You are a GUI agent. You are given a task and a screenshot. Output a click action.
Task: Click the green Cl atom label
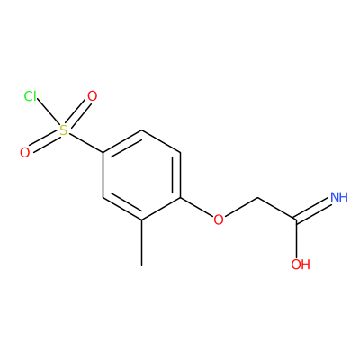[x=31, y=96]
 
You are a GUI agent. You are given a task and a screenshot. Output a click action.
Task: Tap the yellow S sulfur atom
[x=64, y=130]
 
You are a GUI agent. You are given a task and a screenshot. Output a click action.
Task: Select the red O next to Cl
[x=92, y=96]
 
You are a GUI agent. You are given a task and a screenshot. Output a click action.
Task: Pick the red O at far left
[x=25, y=153]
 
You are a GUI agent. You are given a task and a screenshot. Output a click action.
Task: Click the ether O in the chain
[x=219, y=220]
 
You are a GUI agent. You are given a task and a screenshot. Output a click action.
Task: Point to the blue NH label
[x=339, y=197]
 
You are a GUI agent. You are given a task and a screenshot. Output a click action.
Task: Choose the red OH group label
[x=301, y=265]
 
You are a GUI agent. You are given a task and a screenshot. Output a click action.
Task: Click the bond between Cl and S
[x=48, y=114]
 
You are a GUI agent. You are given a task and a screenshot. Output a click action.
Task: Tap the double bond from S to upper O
[x=78, y=114]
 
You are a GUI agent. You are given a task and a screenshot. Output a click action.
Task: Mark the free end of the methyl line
[x=142, y=265]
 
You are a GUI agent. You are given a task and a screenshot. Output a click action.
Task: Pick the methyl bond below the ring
[x=142, y=243]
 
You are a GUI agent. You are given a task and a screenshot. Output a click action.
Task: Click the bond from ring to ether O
[x=197, y=207]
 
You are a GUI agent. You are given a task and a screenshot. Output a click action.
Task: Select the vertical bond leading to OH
[x=296, y=239]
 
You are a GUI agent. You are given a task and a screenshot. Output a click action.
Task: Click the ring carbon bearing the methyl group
[x=142, y=220]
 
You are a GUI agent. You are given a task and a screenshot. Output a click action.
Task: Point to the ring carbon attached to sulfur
[x=103, y=153]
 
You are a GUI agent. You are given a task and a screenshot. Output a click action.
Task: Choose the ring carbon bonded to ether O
[x=181, y=198]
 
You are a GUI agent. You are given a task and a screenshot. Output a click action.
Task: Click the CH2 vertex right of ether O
[x=258, y=198]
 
